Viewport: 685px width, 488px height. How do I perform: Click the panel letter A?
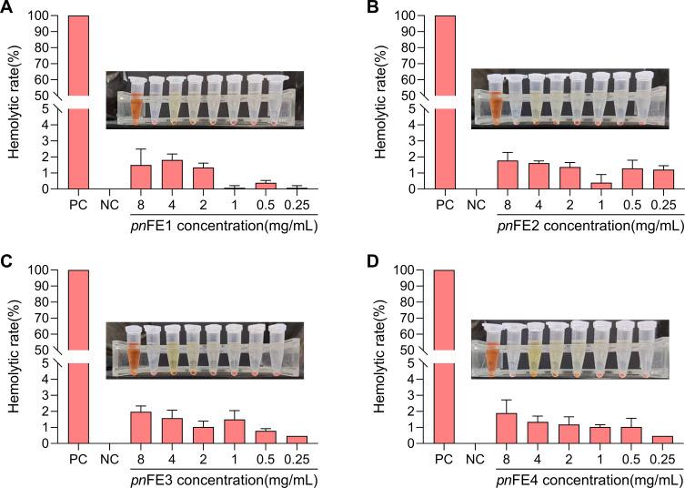point(6,7)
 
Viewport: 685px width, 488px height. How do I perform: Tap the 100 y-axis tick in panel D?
point(408,270)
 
